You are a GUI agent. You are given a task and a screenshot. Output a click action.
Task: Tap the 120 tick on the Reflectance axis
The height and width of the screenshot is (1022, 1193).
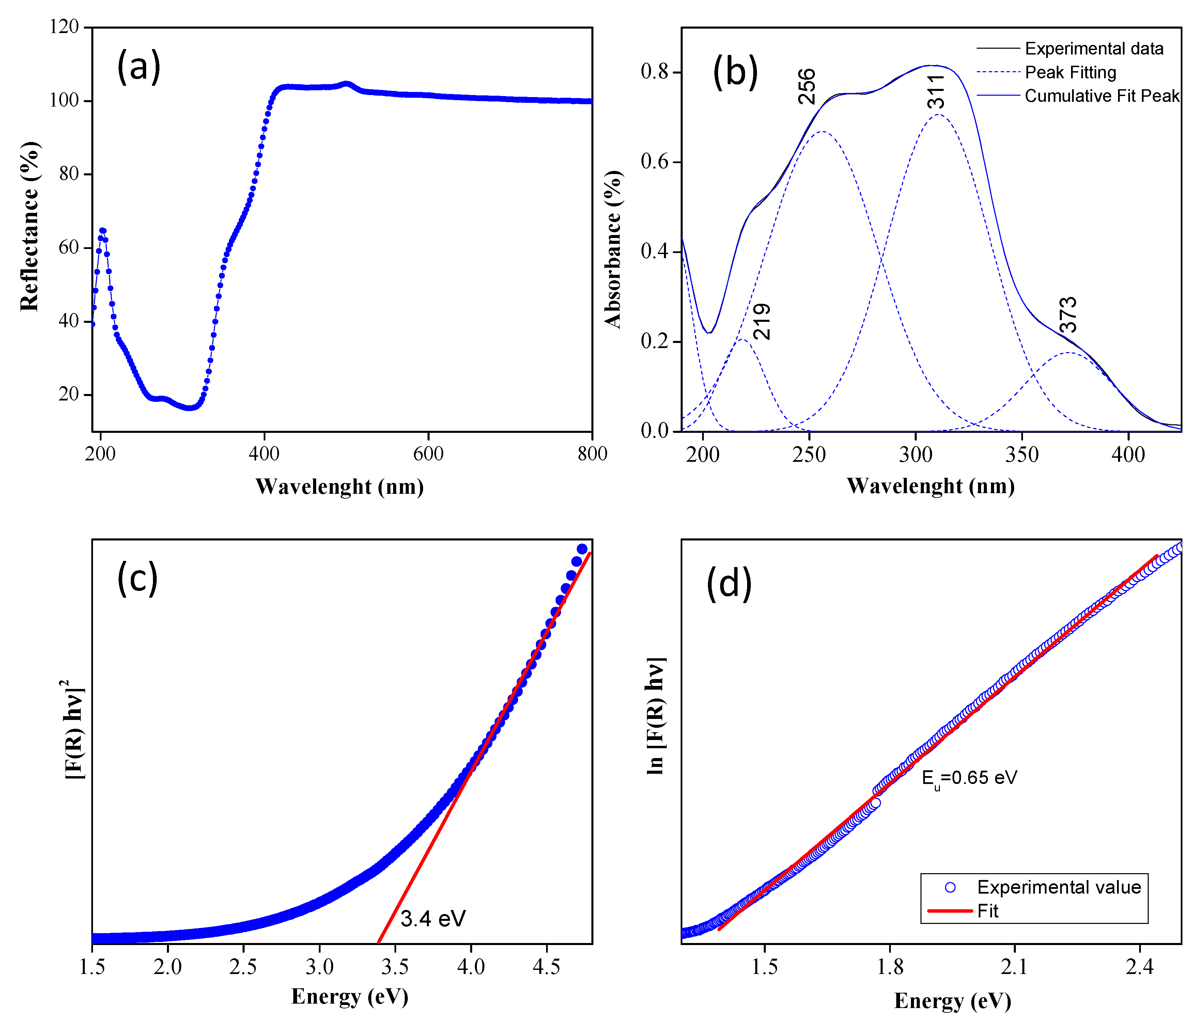click(64, 27)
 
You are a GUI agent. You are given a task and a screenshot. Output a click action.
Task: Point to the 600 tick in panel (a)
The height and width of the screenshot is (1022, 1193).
click(428, 454)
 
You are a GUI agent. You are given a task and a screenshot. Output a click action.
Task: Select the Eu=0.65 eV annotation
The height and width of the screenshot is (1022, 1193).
click(969, 779)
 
